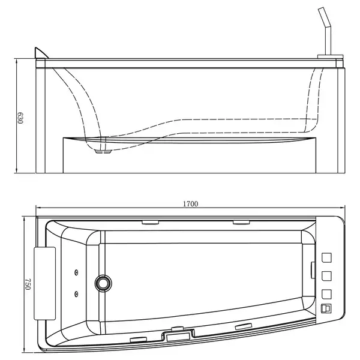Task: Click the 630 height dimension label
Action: (x=20, y=118)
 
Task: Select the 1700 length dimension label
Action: (x=190, y=204)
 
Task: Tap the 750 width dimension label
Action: (x=28, y=284)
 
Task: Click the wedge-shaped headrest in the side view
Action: (x=40, y=53)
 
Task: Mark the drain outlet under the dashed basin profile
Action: (x=103, y=152)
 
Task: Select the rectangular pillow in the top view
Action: (x=45, y=283)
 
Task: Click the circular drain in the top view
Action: (x=103, y=283)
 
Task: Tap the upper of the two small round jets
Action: (x=76, y=272)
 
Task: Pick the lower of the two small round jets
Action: (x=76, y=293)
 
